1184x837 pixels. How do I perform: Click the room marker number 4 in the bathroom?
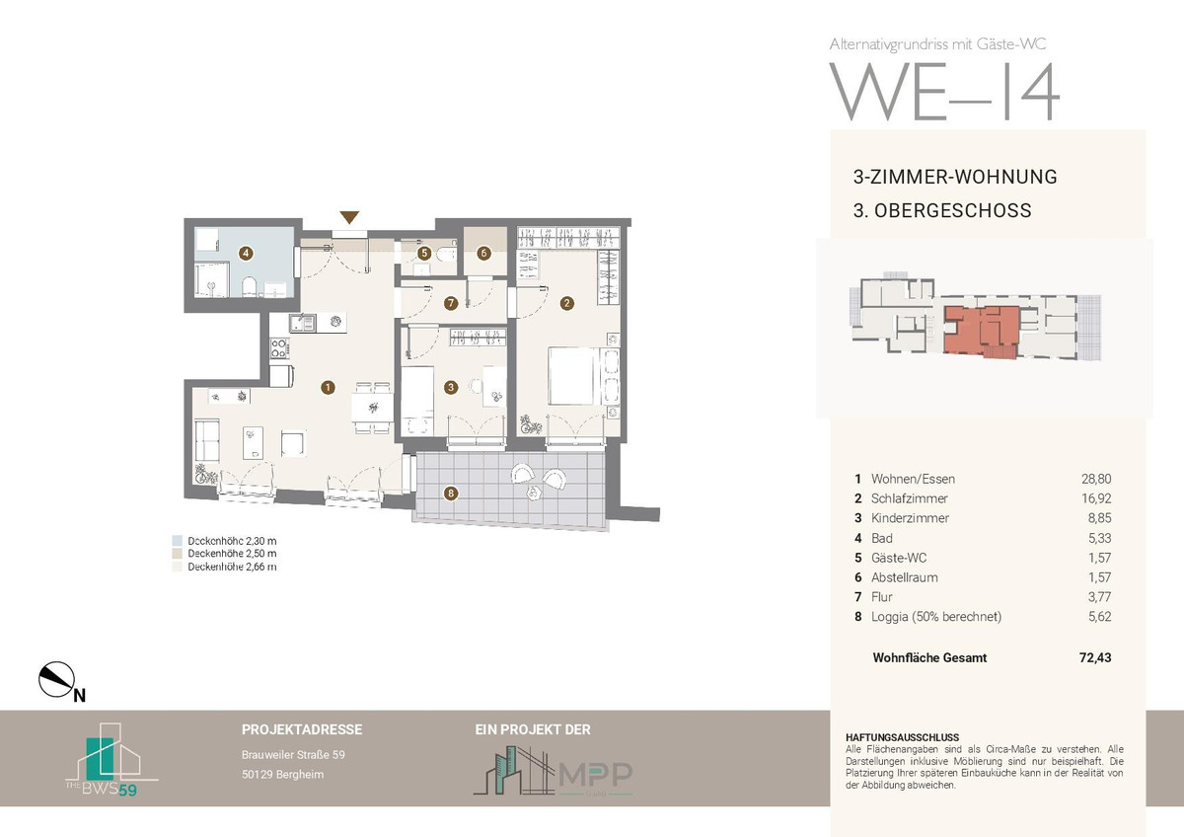[x=246, y=254]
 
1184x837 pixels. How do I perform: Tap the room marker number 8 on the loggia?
[x=450, y=494]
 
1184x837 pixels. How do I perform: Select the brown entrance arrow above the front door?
[x=349, y=217]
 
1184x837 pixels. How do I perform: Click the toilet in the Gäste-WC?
[x=447, y=255]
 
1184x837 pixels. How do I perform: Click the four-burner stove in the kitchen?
[x=279, y=348]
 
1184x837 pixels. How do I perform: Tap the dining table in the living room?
[x=373, y=407]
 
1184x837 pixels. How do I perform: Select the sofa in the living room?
[x=207, y=440]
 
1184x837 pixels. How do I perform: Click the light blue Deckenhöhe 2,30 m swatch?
[x=177, y=540]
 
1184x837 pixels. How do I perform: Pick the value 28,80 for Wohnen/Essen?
[x=1096, y=479]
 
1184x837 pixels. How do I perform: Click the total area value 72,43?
[x=1095, y=657]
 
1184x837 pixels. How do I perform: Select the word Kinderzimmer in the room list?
[x=910, y=518]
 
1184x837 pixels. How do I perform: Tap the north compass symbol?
[x=57, y=679]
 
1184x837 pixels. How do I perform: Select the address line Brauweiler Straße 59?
[x=293, y=755]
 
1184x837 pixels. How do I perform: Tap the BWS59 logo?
[x=111, y=759]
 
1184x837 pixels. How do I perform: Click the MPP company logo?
[x=553, y=772]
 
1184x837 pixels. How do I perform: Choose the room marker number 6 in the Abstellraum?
[x=483, y=254]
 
